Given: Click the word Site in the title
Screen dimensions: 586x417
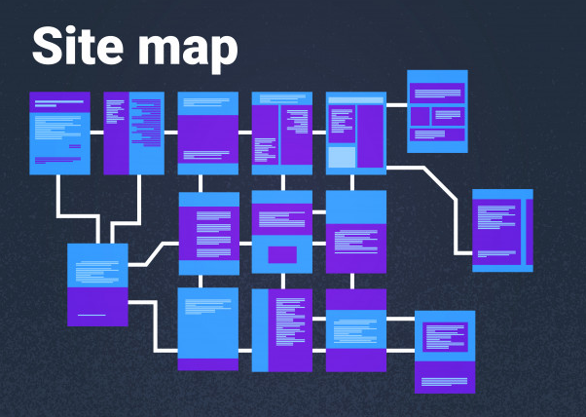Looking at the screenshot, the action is point(78,46).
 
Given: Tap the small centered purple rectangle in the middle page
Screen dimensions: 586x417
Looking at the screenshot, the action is point(282,254).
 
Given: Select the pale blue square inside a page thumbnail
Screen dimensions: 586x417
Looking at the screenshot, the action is point(342,157).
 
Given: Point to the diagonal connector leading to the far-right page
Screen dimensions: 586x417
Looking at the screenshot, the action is point(440,183).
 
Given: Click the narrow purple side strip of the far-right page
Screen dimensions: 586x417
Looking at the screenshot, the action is point(530,232).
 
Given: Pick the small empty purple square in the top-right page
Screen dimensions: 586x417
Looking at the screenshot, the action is point(420,117).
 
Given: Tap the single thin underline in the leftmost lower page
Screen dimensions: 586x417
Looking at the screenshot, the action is point(92,316).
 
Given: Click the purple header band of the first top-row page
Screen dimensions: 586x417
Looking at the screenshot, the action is point(59,102).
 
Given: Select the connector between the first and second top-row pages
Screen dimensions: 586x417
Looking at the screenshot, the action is point(96,133).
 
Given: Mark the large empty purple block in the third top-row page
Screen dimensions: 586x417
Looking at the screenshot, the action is point(207,133).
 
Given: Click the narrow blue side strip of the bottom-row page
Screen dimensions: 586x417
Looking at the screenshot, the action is point(260,330).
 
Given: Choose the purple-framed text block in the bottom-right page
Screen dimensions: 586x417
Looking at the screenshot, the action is point(445,337).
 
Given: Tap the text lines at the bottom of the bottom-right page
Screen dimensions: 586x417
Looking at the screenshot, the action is point(444,382).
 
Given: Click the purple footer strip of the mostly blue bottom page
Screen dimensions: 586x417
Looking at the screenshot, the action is point(207,364).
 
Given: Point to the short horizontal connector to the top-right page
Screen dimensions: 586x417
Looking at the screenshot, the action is point(396,105).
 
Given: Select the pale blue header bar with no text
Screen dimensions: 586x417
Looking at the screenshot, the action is point(356,100).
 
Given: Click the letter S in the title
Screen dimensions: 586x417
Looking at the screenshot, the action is point(47,46).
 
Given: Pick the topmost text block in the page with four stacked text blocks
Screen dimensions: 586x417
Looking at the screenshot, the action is point(213,215).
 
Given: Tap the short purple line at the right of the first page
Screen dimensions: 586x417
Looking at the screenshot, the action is point(75,146).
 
